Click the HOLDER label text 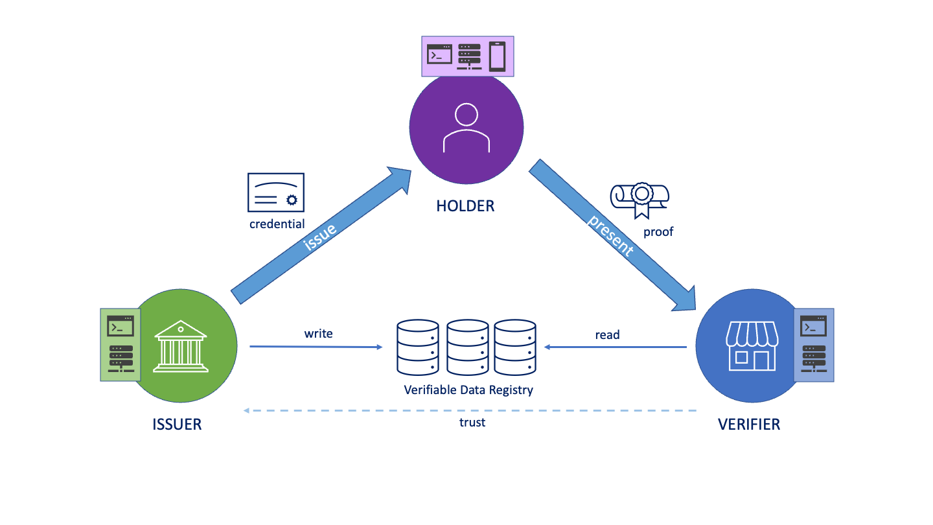coord(465,206)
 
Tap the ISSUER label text coord(177,425)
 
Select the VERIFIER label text coord(749,425)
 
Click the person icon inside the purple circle coord(466,128)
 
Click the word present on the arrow coord(610,235)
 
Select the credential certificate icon coord(276,192)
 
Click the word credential coord(277,224)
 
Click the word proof coord(658,231)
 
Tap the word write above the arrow coord(318,334)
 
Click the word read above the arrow coord(607,334)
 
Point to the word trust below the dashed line coord(472,423)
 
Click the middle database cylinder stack coord(468,347)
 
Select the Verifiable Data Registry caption coord(468,390)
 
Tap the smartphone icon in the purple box coord(497,56)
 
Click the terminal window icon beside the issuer coord(121,325)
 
